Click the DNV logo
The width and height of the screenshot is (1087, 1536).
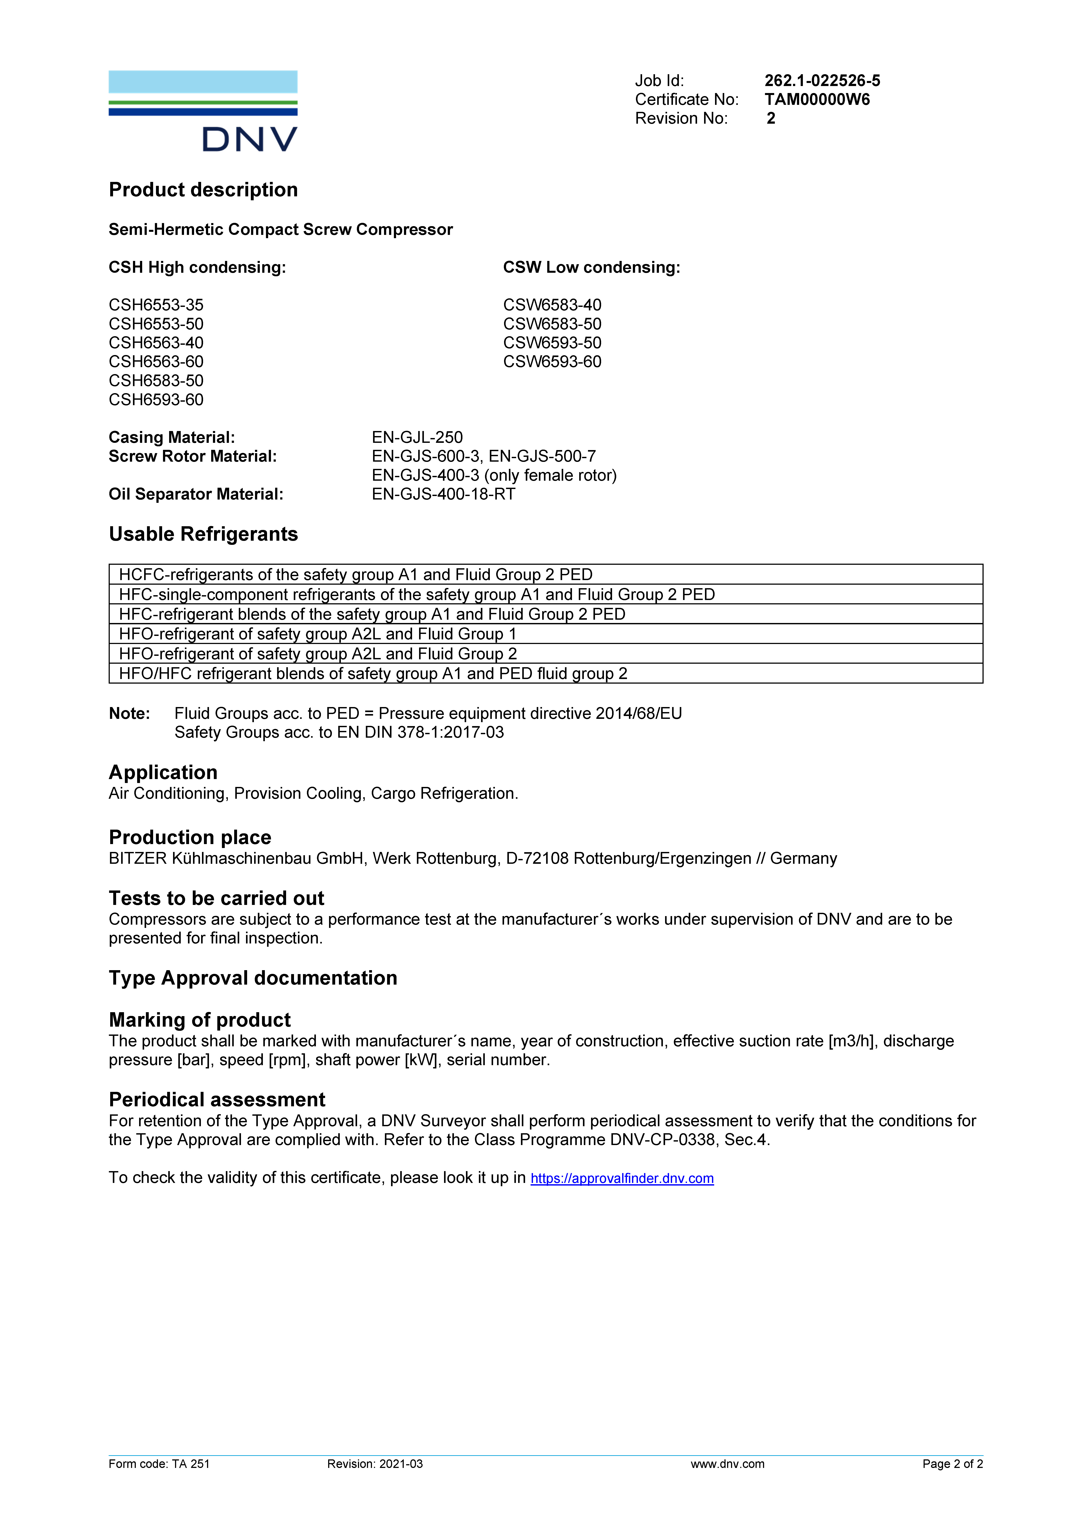pyautogui.click(x=203, y=111)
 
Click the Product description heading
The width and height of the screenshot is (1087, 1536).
pyautogui.click(x=203, y=190)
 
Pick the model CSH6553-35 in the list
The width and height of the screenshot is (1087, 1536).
pyautogui.click(x=156, y=305)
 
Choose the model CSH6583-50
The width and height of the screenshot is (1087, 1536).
pyautogui.click(x=156, y=381)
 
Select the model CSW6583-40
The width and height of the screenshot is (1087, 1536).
pyautogui.click(x=552, y=305)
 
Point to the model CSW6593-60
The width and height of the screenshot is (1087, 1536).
pyautogui.click(x=552, y=362)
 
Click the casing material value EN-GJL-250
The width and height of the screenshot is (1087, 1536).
pyautogui.click(x=417, y=438)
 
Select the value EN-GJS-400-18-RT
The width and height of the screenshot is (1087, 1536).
pyautogui.click(x=443, y=494)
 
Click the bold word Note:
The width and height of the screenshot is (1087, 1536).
pyautogui.click(x=129, y=714)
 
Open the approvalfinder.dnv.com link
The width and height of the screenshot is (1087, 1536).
pyautogui.click(x=622, y=1179)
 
